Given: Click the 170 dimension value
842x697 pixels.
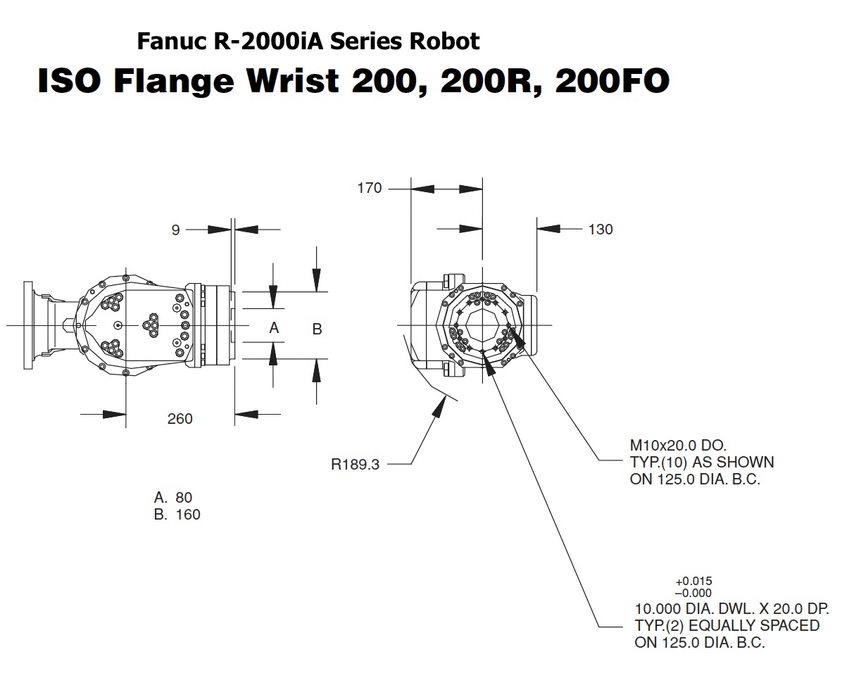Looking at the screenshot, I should (x=370, y=188).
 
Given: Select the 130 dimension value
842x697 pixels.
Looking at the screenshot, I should (x=600, y=229).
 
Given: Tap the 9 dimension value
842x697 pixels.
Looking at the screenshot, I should (x=175, y=229).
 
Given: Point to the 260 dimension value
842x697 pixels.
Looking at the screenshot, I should (x=180, y=419).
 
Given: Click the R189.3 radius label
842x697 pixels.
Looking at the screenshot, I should (x=355, y=465).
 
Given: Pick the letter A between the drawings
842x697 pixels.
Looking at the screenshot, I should (x=275, y=327).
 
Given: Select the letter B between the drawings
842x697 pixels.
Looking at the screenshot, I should (x=317, y=329).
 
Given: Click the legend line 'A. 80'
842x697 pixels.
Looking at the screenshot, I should (x=172, y=498).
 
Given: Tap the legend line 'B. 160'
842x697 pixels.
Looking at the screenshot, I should (x=177, y=515).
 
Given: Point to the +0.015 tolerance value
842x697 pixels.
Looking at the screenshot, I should (x=693, y=582).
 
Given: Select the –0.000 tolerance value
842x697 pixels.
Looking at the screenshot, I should (x=693, y=593).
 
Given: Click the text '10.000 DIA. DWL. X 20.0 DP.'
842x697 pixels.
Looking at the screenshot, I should (x=732, y=608).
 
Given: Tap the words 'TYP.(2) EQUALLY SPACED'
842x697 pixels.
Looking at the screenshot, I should (x=727, y=625).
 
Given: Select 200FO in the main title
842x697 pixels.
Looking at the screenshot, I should (x=611, y=82).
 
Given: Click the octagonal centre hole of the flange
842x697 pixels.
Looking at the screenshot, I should (x=483, y=325).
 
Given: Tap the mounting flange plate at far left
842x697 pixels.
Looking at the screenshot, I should (x=29, y=325).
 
